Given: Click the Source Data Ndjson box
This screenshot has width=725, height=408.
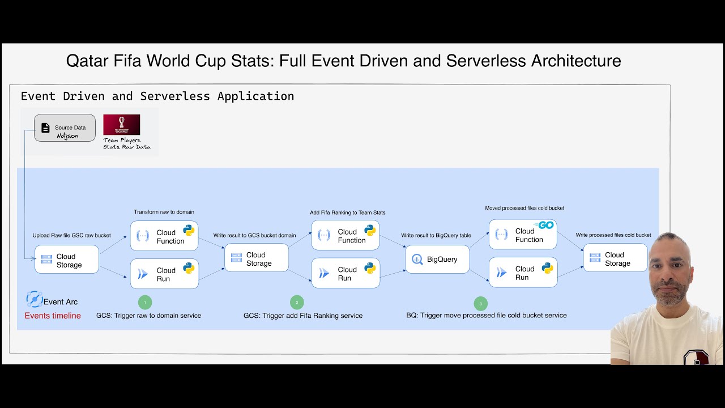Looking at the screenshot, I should coord(65,128).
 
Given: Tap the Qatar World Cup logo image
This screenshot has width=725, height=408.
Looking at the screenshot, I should coord(121,125).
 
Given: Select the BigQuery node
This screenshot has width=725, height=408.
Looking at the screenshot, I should coord(437,260).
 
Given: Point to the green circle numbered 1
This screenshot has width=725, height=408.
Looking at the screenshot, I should coord(145,302).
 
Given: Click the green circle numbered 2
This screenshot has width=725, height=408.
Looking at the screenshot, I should coord(296,302).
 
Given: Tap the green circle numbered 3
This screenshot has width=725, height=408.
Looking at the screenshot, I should coord(480,304).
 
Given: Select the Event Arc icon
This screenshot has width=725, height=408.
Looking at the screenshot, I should coord(34,299).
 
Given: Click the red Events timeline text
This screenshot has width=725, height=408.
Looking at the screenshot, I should coord(53,316).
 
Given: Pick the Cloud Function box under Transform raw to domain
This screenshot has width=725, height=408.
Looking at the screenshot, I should coord(164,236).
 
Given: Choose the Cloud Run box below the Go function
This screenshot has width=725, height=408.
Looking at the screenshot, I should coord(523,273).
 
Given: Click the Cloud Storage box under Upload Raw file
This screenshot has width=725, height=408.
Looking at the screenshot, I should coord(67,260).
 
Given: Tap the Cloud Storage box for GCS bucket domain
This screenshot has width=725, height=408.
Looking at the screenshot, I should coord(257,259).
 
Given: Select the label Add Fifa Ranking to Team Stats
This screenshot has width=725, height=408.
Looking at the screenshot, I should coord(347,212).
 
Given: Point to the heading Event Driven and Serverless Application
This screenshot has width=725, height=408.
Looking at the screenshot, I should coord(157,96).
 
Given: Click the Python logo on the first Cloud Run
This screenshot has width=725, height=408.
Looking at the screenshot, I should coord(189,268).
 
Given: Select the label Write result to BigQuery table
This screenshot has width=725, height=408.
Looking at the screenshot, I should coord(436,235).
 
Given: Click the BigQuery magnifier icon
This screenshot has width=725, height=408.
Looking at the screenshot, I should coord(417,260).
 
